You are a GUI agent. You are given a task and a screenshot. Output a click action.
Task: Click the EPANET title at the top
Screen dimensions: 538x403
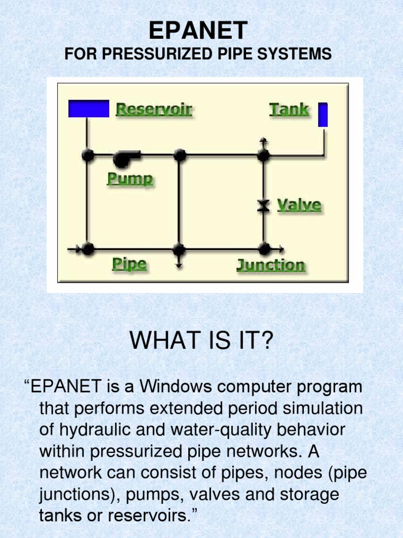coord(198,31)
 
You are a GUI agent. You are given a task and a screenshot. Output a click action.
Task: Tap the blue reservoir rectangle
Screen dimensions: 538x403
coord(89,109)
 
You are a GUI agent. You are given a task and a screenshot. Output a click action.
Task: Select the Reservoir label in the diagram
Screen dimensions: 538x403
coord(154,109)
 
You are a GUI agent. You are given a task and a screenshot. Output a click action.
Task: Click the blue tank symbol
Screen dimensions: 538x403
coord(323,115)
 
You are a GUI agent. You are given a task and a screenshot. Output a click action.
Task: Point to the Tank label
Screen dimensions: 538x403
coord(289,109)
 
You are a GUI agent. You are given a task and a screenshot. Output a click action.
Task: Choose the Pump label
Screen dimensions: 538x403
coord(130,179)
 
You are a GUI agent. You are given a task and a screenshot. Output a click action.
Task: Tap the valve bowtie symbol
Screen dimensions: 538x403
coord(263,205)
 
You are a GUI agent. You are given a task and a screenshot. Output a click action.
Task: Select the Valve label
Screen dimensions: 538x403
coord(299,204)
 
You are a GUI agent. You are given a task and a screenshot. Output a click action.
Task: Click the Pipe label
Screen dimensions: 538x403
coord(129,264)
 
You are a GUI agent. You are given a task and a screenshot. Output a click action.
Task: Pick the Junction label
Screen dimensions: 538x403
coord(270,265)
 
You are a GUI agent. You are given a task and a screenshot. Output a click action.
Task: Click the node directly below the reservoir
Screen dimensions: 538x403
coord(88,155)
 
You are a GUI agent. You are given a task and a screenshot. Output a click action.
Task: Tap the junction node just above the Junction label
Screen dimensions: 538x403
coord(264,249)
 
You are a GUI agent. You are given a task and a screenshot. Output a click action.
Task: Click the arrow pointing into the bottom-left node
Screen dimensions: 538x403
coord(75,249)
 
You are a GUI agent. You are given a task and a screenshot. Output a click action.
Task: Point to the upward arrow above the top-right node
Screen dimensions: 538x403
coord(263,141)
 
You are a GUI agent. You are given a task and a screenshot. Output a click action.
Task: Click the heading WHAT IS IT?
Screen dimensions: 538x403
coord(202,342)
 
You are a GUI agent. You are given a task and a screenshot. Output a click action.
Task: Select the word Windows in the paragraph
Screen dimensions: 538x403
coord(176,387)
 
